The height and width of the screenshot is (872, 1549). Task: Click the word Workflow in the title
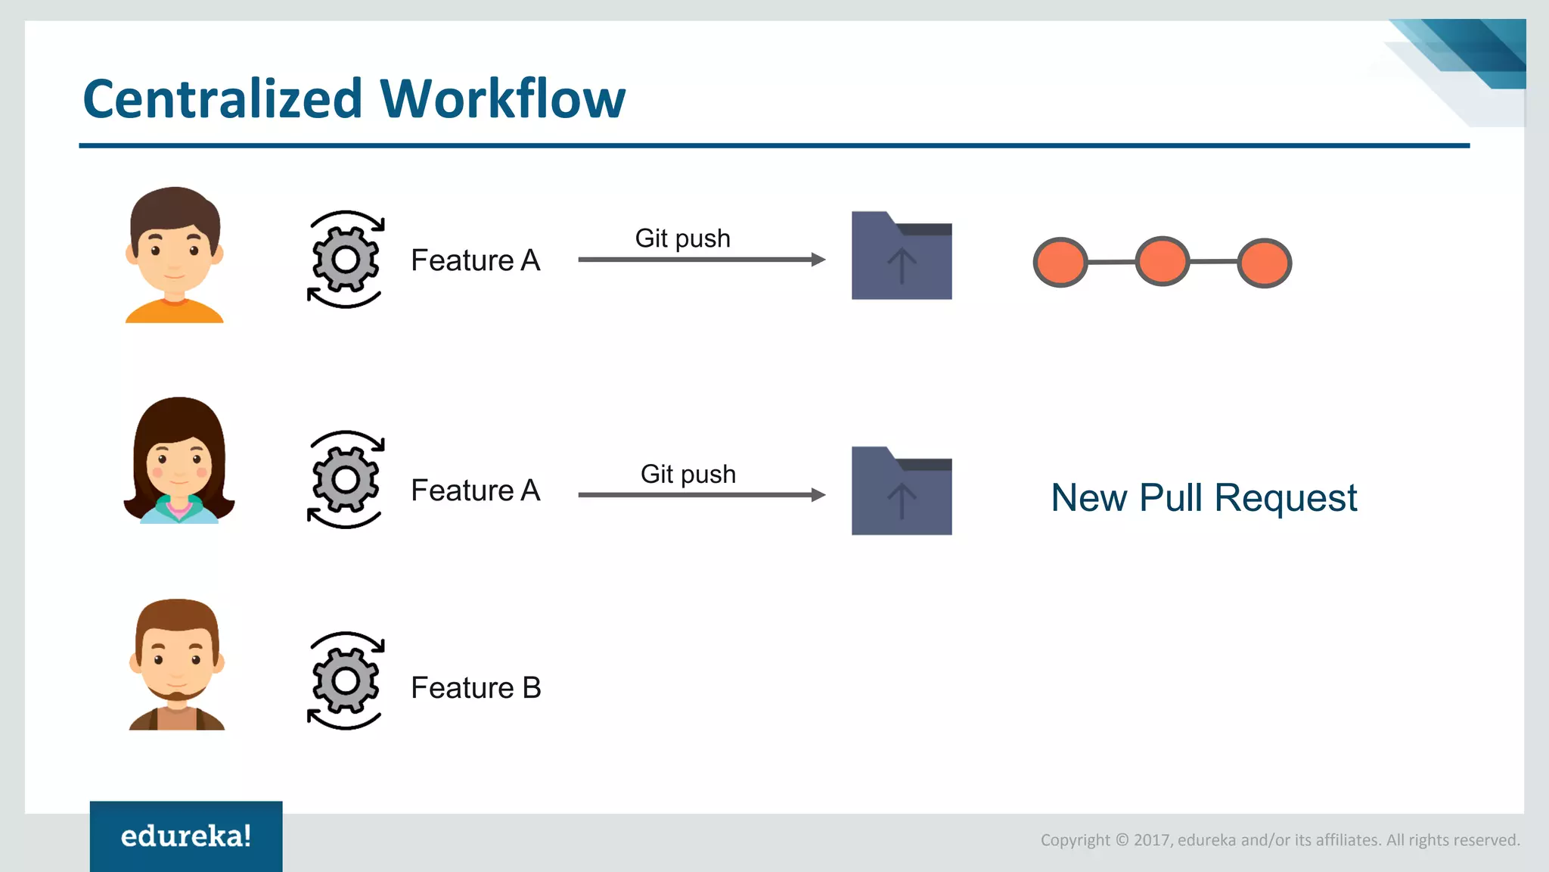(x=502, y=99)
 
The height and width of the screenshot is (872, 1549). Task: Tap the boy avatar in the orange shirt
(x=175, y=255)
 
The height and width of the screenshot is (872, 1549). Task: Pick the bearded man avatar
(x=177, y=665)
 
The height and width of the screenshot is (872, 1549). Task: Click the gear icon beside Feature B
(x=346, y=681)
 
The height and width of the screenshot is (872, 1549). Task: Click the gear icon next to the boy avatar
(x=346, y=260)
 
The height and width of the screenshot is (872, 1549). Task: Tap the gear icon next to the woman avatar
(x=346, y=480)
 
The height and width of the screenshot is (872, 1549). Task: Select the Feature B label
(x=476, y=688)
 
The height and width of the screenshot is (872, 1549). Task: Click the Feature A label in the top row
(x=476, y=260)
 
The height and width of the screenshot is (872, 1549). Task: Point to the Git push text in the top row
(x=682, y=238)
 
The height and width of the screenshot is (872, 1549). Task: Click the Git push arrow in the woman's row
(x=701, y=495)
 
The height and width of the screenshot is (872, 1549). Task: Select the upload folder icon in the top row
(x=902, y=256)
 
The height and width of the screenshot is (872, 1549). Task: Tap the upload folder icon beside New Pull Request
(x=902, y=491)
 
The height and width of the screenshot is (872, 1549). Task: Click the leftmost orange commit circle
(x=1060, y=263)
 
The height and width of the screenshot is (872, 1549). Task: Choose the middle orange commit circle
(x=1163, y=261)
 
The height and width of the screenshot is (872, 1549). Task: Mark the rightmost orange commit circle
(x=1264, y=263)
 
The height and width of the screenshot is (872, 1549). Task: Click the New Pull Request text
(x=1204, y=498)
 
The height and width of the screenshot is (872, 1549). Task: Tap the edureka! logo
(x=186, y=836)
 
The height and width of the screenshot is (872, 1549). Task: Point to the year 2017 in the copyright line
(x=1152, y=840)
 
